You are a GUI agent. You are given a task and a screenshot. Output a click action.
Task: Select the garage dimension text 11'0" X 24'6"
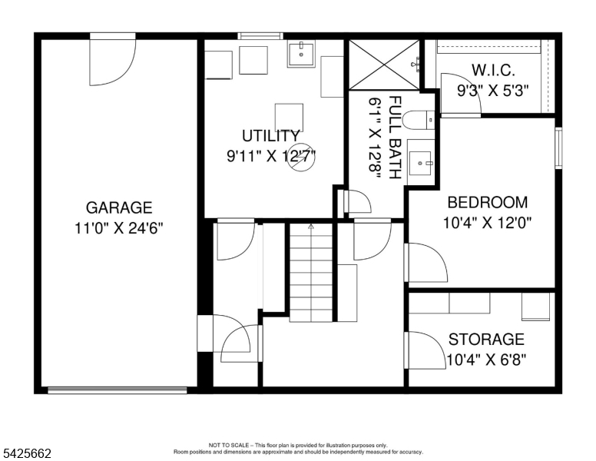[x=118, y=227]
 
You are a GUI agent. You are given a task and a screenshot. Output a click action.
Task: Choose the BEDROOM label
[x=487, y=203]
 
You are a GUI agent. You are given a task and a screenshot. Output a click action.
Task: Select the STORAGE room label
[x=486, y=339]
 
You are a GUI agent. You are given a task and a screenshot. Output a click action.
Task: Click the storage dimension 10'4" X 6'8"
[x=486, y=359]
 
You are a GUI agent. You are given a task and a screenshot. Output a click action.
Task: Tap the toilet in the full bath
[x=419, y=120]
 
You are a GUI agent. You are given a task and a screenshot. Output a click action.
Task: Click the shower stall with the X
[x=384, y=65]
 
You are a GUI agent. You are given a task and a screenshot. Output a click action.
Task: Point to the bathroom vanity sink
[x=420, y=161]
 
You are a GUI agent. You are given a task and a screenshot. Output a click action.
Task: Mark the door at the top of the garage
[x=112, y=60]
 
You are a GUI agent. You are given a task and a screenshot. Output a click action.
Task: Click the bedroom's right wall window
[x=558, y=149]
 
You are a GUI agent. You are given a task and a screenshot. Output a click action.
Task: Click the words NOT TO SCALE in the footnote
[x=228, y=445]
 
